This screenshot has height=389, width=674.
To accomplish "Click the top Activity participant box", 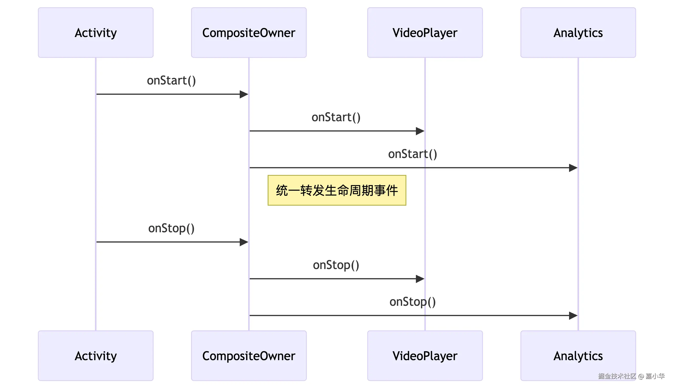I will [96, 33].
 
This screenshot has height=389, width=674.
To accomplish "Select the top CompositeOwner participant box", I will [249, 33].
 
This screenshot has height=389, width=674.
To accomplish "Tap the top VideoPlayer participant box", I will [425, 33].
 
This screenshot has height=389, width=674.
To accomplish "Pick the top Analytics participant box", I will [578, 33].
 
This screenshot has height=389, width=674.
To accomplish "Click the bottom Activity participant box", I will [96, 356].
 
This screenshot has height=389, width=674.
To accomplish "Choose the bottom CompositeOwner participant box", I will [249, 356].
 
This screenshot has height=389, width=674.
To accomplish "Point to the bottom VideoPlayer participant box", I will [425, 356].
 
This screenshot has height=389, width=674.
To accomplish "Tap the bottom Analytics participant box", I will [578, 356].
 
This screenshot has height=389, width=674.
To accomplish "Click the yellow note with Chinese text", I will [336, 190].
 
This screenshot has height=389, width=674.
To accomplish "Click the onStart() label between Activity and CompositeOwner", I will [171, 80].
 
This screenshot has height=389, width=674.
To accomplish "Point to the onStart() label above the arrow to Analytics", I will [412, 154].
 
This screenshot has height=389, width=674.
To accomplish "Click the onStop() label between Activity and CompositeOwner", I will [171, 228].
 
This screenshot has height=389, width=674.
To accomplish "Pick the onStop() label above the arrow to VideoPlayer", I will [336, 265].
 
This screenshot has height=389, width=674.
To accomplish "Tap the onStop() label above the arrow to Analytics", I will [412, 302].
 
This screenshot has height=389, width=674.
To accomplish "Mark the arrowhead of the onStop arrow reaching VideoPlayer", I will [420, 279].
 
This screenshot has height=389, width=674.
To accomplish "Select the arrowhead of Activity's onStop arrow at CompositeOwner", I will [244, 242].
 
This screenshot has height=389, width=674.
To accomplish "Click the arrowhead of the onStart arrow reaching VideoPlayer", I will [420, 131].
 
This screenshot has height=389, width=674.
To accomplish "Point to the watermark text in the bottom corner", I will [631, 376].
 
